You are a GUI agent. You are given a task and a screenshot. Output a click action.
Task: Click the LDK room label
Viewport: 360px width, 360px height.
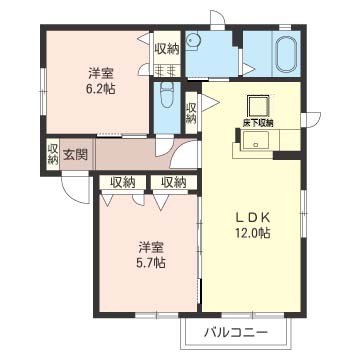(x=252, y=217)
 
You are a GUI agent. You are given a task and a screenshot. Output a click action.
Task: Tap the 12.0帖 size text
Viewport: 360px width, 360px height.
(x=252, y=233)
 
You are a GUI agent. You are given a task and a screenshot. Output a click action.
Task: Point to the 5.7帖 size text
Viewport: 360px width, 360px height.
(x=151, y=263)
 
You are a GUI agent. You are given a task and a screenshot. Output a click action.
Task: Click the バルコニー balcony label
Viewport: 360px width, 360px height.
(x=236, y=332)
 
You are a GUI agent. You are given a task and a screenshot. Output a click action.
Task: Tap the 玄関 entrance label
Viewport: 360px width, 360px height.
(x=76, y=154)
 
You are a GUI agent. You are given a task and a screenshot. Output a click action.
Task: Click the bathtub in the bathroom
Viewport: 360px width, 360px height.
(x=286, y=53)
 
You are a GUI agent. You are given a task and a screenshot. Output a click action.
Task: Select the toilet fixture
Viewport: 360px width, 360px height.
(x=167, y=95)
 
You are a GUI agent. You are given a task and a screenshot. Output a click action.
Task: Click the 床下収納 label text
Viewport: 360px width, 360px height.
(x=257, y=123)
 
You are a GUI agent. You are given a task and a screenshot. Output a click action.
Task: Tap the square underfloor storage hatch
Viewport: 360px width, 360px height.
(x=257, y=106)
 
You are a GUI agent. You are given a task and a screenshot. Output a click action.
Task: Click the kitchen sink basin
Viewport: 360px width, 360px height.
(x=255, y=140)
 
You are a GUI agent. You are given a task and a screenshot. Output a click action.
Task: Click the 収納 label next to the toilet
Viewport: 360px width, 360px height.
(x=191, y=113)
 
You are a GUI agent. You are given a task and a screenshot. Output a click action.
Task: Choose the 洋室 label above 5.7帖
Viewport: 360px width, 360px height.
(x=151, y=248)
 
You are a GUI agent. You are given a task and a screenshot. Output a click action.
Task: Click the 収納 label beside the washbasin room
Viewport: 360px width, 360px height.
(x=167, y=49)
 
